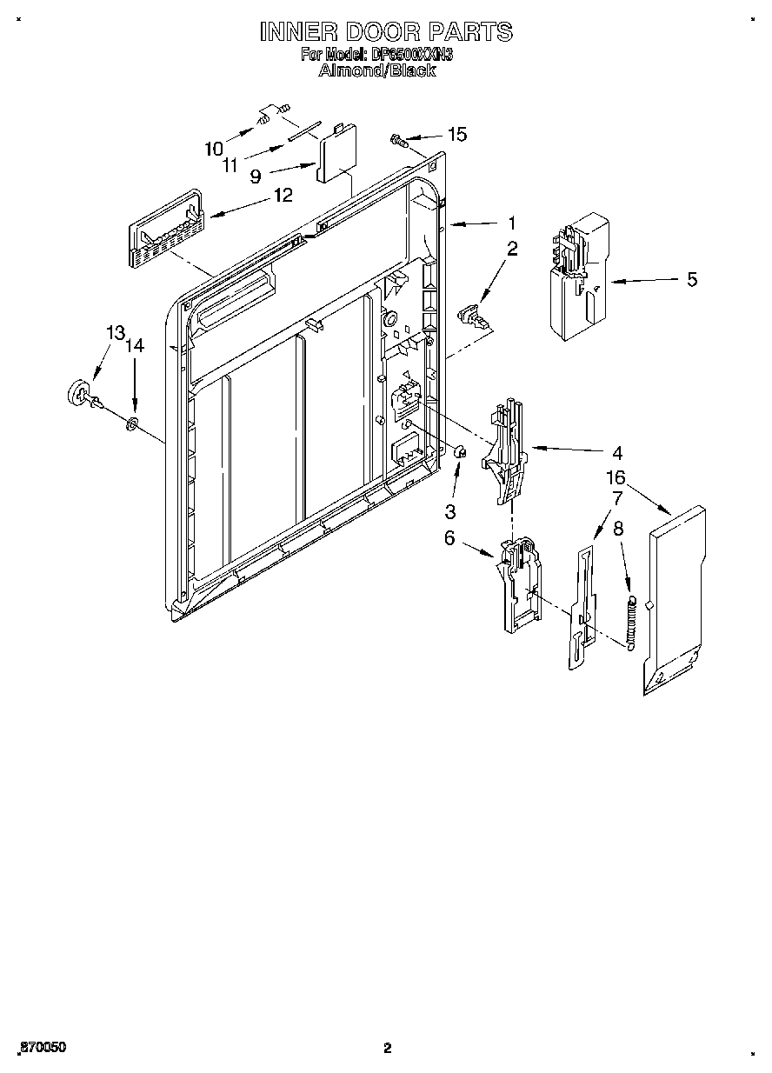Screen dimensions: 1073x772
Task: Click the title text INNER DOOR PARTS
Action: pos(386,32)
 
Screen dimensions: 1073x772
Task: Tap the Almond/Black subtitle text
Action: pos(377,71)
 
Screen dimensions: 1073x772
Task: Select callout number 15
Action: pos(456,134)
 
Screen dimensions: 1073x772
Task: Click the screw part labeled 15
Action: pos(399,139)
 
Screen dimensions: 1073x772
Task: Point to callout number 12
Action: pos(283,195)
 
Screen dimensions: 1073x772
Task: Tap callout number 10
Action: pos(214,149)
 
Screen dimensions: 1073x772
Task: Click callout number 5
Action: pos(691,280)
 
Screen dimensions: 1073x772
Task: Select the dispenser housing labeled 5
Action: pos(577,274)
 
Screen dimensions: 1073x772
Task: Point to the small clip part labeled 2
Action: pos(472,314)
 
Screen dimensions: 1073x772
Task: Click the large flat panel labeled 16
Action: pos(674,600)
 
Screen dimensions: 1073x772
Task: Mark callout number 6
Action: pos(449,538)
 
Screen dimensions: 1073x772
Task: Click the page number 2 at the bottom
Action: pos(388,1048)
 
